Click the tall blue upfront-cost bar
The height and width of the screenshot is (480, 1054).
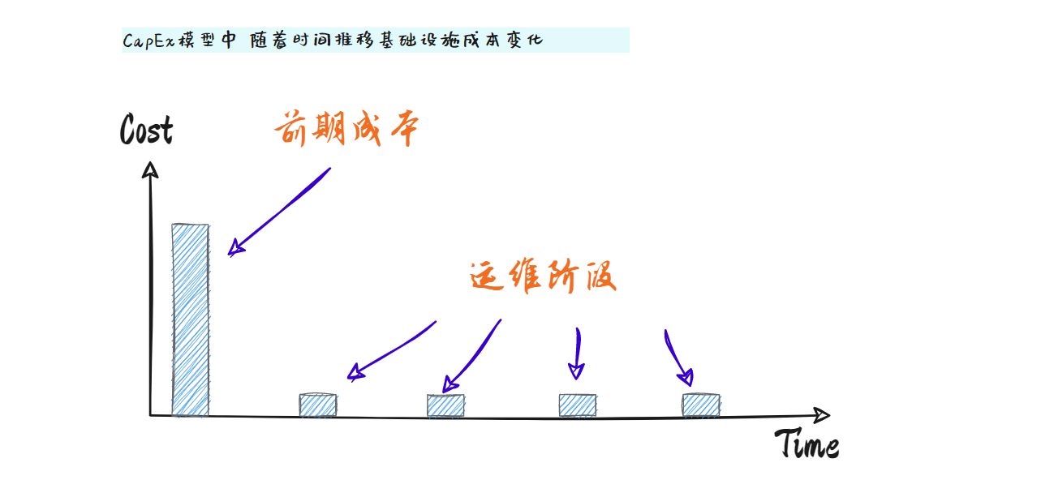pos(190,319)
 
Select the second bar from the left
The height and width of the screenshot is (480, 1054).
pos(317,405)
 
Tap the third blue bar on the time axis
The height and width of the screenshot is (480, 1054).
pos(445,405)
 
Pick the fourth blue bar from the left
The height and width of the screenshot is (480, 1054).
pos(577,405)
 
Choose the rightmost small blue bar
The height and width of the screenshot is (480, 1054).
pos(700,405)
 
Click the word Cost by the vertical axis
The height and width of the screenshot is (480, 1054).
pos(146,130)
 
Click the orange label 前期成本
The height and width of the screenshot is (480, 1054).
pos(346,130)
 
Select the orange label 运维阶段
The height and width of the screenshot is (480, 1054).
pos(543,277)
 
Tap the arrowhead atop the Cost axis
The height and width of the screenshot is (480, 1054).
pos(149,169)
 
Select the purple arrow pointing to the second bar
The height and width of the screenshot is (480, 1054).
pos(391,350)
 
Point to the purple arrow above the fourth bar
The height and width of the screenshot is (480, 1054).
pos(577,354)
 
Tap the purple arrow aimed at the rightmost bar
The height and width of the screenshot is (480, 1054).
pos(678,358)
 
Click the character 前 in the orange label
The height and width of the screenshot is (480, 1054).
pos(291,131)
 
